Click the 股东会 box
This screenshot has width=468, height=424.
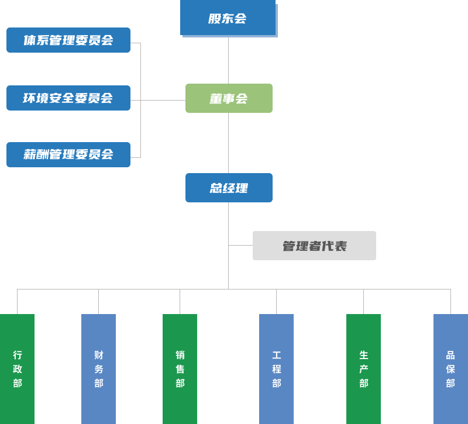click(x=228, y=18)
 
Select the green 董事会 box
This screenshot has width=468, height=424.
click(x=229, y=98)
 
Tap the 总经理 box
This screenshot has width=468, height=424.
click(x=229, y=188)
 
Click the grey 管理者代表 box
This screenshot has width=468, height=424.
click(x=314, y=246)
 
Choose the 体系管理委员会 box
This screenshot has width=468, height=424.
click(x=68, y=40)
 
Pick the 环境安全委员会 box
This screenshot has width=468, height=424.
click(x=68, y=98)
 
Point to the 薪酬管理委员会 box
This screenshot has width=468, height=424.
click(x=68, y=154)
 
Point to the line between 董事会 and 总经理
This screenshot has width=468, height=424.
click(x=228, y=143)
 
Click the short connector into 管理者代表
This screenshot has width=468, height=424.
click(x=240, y=245)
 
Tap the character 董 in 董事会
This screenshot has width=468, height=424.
click(x=216, y=99)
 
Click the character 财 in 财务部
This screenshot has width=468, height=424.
click(x=98, y=355)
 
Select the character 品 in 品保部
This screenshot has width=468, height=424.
click(x=450, y=355)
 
